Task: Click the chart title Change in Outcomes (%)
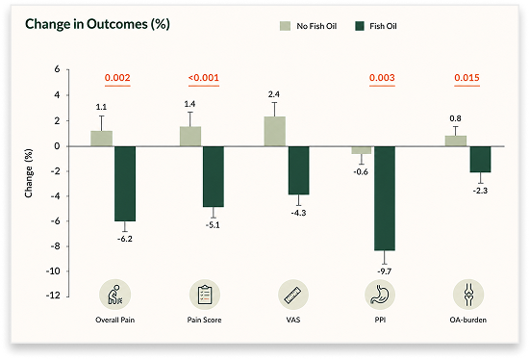[97, 24]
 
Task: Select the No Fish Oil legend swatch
[285, 26]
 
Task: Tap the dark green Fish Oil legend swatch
[360, 26]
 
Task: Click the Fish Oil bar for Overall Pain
[125, 184]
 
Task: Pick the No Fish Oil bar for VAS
[274, 132]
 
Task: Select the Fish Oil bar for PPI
[385, 198]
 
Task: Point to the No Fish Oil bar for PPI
[362, 150]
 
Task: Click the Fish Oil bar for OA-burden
[480, 160]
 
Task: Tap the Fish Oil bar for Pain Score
[214, 176]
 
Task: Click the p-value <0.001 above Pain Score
[204, 78]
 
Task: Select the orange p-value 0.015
[467, 78]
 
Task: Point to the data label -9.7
[385, 271]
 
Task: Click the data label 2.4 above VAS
[274, 94]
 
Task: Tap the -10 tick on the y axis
[53, 271]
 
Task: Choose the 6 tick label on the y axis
[57, 69]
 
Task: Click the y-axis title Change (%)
[29, 173]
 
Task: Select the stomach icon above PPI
[380, 295]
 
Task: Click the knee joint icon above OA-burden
[468, 295]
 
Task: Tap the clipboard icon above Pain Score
[205, 295]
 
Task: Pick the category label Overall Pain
[114, 321]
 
